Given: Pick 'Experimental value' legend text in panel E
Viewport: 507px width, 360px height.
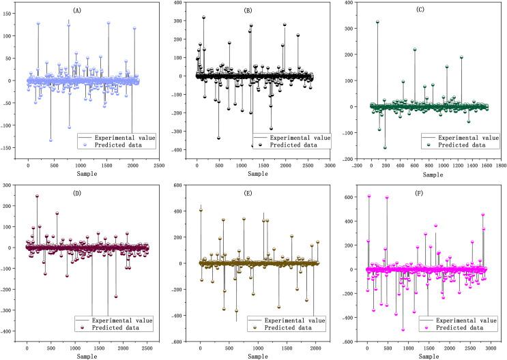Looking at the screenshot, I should pyautogui.click(x=296, y=318).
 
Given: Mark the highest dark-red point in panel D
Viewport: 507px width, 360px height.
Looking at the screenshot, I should pyautogui.click(x=37, y=196).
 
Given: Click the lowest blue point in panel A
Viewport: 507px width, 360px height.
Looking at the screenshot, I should pyautogui.click(x=50, y=140).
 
